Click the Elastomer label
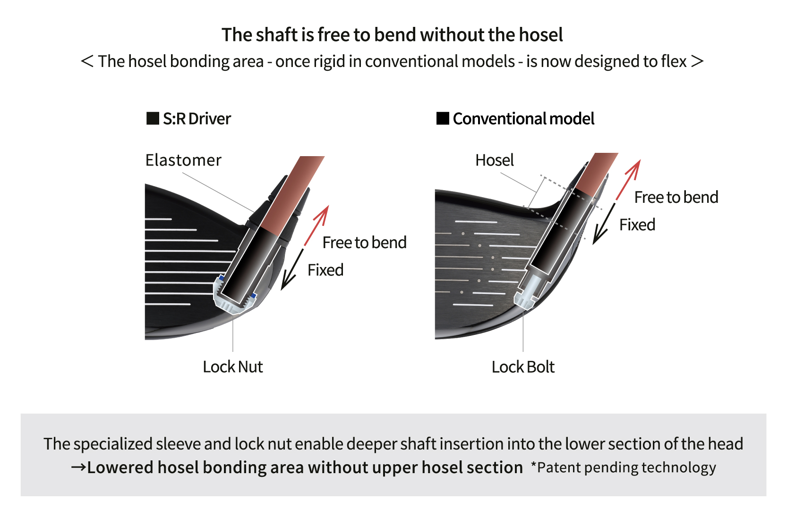pos(183,160)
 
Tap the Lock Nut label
pos(232,367)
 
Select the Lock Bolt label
pos(523,367)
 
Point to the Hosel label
pos(494,160)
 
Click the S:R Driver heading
pos(197,119)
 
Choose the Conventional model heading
pos(523,119)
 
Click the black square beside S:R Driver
pos(153,118)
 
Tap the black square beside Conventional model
pos(443,118)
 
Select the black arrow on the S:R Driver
pos(291,270)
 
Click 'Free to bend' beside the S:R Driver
pos(364,242)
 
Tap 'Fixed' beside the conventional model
pos(637,225)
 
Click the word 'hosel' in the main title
pos(540,35)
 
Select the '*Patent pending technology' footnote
pos(624,467)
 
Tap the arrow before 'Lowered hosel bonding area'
pos(78,467)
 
